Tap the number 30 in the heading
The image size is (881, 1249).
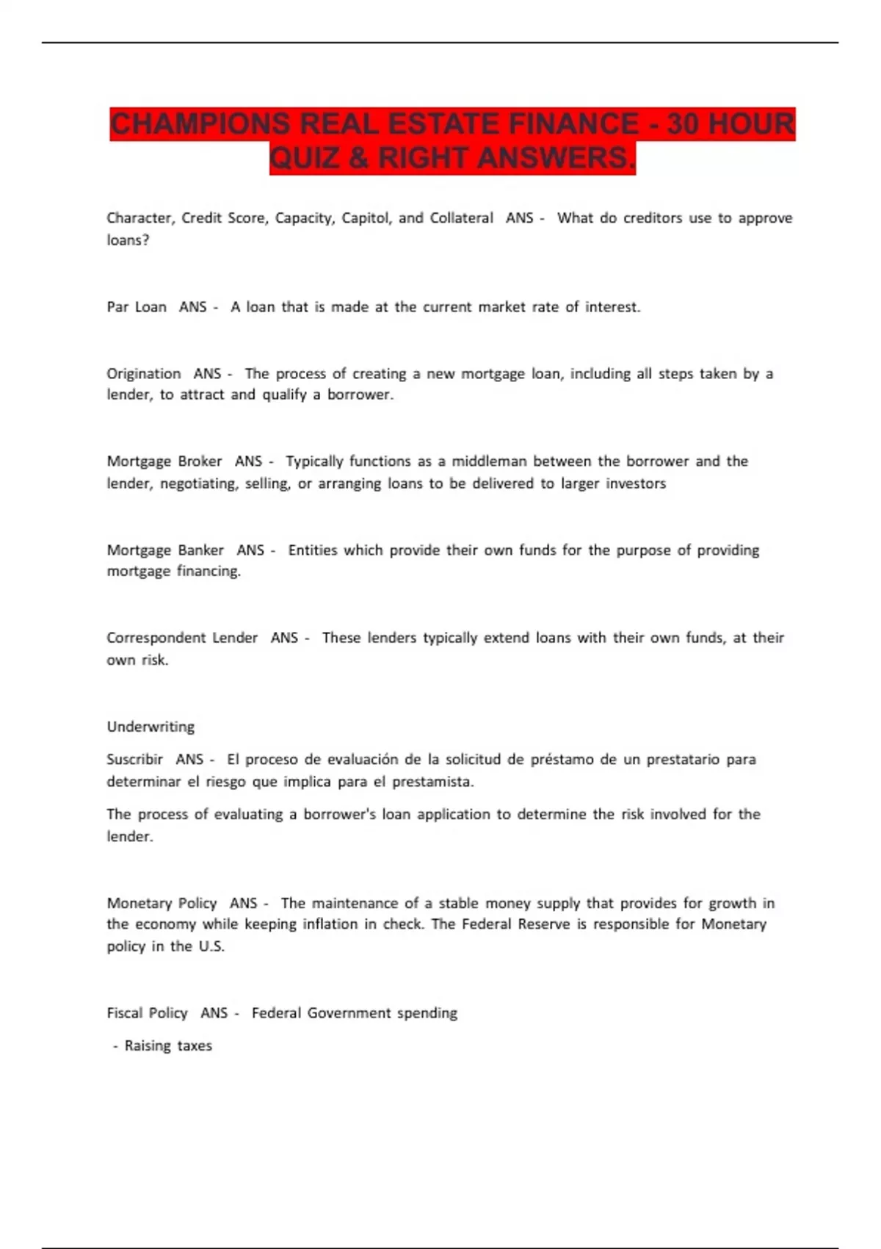click(x=683, y=124)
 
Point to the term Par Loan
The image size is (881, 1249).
click(x=137, y=307)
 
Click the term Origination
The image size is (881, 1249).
click(x=144, y=373)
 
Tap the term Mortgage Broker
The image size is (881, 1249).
click(x=164, y=461)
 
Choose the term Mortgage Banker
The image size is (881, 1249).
click(x=165, y=550)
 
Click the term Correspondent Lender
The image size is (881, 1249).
click(x=182, y=638)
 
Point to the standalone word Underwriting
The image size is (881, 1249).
click(x=151, y=727)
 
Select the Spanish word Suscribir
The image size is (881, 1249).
click(x=134, y=759)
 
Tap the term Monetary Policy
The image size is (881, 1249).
click(x=162, y=903)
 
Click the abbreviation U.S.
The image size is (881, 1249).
click(x=211, y=946)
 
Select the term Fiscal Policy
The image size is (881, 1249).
click(x=147, y=1013)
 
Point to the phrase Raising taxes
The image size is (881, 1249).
click(x=168, y=1045)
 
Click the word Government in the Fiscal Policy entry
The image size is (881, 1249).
click(x=349, y=1013)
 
